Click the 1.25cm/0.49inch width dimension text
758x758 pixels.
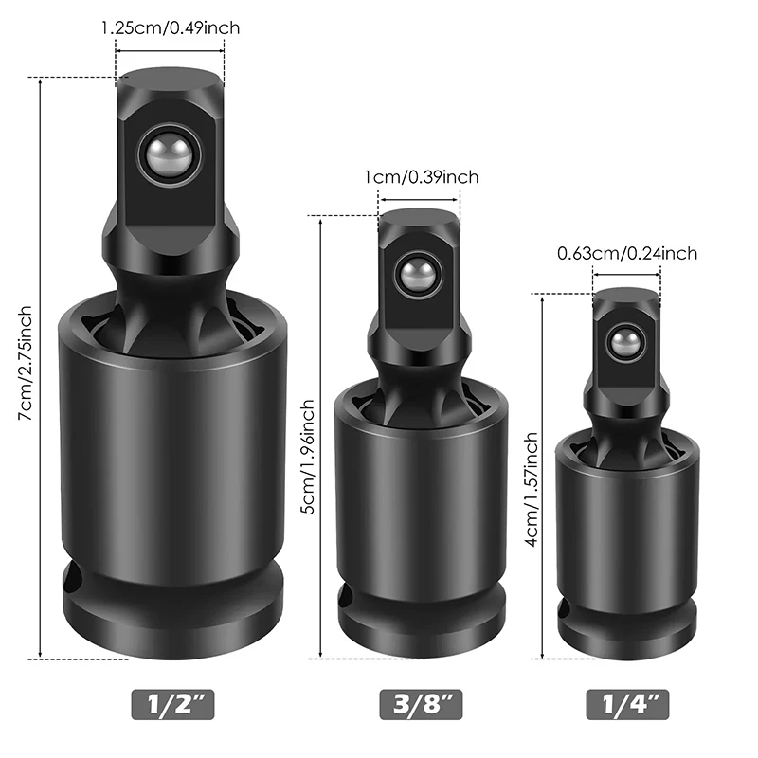[x=171, y=27]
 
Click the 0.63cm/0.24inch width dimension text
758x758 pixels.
[x=627, y=253]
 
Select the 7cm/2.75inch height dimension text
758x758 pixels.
[x=26, y=365]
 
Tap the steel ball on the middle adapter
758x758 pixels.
[x=416, y=276]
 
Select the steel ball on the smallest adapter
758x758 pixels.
[x=624, y=341]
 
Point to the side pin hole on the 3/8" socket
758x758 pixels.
[x=347, y=597]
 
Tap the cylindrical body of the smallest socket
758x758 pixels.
[x=625, y=521]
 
